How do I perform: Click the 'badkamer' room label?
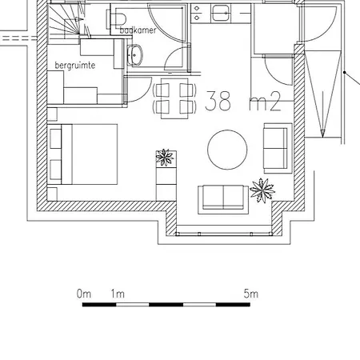click(138, 30)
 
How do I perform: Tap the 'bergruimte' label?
click(75, 66)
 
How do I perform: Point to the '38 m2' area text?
click(243, 101)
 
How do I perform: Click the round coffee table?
click(227, 150)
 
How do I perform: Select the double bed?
click(82, 154)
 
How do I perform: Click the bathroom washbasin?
click(135, 55)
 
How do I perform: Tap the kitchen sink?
click(221, 14)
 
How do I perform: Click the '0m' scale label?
click(84, 294)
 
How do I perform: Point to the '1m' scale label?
click(118, 294)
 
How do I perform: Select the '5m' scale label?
click(250, 294)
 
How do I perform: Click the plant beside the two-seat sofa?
click(262, 190)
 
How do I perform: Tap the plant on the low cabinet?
click(165, 158)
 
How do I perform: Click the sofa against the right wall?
click(278, 148)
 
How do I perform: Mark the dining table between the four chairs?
click(174, 98)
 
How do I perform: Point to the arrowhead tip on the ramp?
click(322, 138)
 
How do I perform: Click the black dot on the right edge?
click(345, 72)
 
